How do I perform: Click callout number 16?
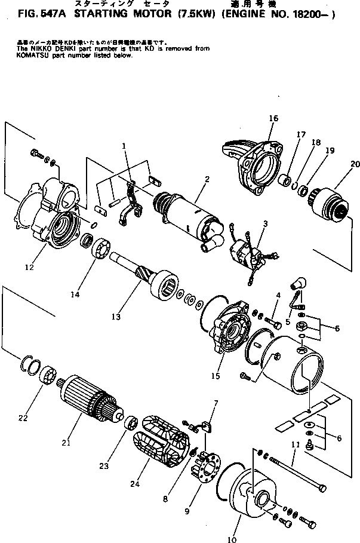point(273,119)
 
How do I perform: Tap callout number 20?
point(355,164)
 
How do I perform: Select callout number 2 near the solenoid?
point(206,179)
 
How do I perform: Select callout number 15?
point(215,376)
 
